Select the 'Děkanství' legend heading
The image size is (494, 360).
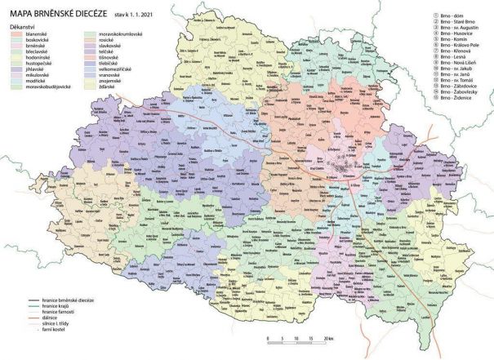tap(24, 26)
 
